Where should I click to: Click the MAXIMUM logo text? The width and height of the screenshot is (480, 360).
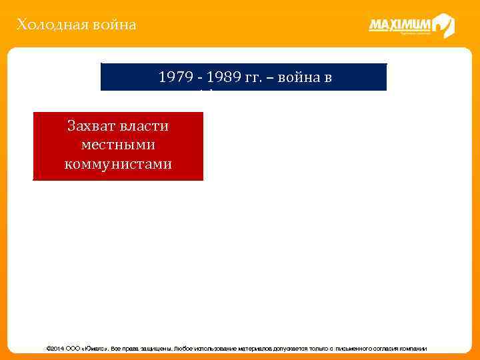(x=400, y=25)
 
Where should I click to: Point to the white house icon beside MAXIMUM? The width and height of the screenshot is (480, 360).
(x=443, y=25)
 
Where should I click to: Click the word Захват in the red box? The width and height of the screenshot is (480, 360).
(x=91, y=126)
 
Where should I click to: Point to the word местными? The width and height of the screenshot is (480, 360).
(x=118, y=145)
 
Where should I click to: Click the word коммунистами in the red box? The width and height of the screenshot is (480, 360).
(x=118, y=163)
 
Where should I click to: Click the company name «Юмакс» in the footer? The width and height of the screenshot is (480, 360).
(x=94, y=349)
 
